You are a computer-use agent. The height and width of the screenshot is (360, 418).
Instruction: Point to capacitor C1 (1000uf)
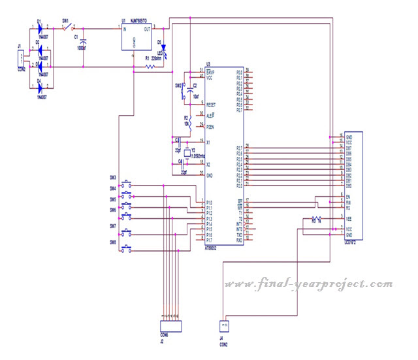point(84,42)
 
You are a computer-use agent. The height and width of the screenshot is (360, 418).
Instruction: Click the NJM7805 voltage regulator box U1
point(134,38)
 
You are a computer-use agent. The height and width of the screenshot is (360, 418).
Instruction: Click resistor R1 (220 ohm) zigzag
point(151,66)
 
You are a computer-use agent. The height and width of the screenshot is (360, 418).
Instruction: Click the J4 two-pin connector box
point(224,324)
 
